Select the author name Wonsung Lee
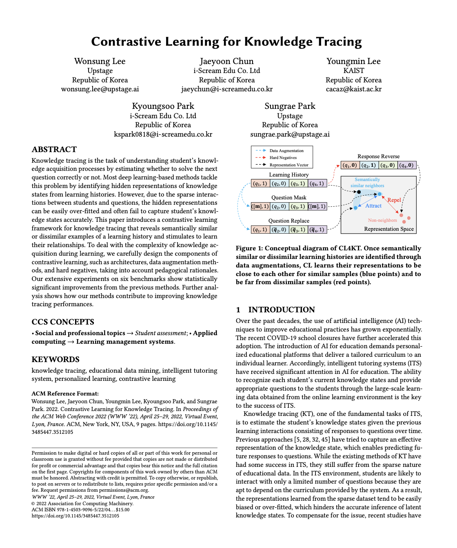tap(100, 61)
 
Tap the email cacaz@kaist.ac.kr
tap(353, 89)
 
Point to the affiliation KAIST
tap(353, 71)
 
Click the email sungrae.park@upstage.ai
tap(290, 134)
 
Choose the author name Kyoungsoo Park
tap(163, 106)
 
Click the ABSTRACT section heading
tap(54, 150)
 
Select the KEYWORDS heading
tap(55, 360)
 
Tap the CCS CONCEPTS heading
tap(63, 322)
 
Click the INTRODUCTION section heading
tap(282, 310)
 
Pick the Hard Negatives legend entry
tap(283, 158)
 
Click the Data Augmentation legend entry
tap(286, 151)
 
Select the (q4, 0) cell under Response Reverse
tap(407, 166)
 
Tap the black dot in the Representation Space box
tap(359, 192)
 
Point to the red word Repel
tap(394, 200)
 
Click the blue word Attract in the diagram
tap(373, 206)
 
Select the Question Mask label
tap(288, 198)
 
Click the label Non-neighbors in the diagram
tap(382, 220)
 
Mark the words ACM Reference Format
tap(65, 394)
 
